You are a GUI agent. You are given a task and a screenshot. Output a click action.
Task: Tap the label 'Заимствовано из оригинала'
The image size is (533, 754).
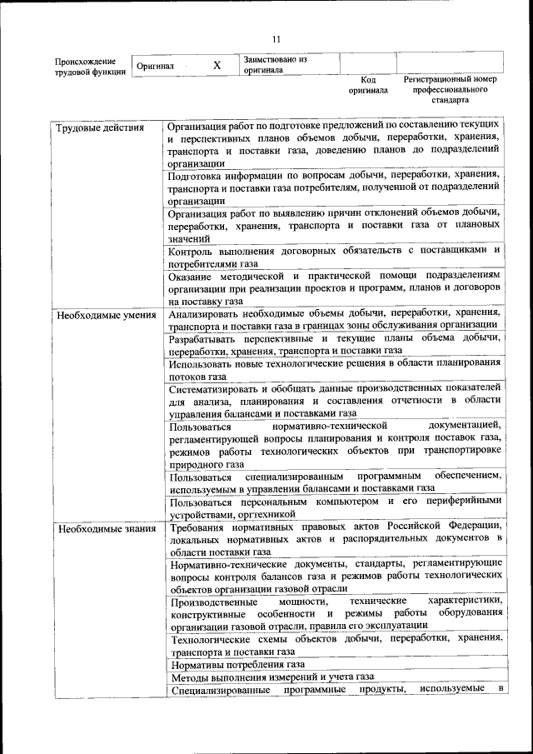tap(275, 65)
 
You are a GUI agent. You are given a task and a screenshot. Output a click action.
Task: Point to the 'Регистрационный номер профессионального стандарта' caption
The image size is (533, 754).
tap(450, 90)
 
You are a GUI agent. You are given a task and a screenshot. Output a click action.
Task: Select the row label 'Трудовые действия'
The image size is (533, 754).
tap(99, 127)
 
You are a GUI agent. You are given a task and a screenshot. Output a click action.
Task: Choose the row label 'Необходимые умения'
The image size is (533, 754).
tap(105, 315)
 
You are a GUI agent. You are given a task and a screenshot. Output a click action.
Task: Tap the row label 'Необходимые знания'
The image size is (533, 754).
tap(104, 528)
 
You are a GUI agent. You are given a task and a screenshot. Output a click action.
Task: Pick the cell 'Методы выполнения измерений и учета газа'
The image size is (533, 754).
tap(271, 677)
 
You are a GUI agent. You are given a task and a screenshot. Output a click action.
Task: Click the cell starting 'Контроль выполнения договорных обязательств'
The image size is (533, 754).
tap(333, 257)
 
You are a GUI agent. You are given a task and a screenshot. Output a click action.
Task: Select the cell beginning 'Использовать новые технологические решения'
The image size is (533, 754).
tap(333, 369)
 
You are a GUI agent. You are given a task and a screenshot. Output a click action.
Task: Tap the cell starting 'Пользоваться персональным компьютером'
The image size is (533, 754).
tap(333, 507)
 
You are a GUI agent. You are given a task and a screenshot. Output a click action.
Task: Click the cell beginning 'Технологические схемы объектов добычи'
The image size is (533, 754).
tap(333, 645)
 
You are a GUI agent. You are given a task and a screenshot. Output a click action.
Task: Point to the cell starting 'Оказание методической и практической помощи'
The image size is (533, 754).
tap(333, 287)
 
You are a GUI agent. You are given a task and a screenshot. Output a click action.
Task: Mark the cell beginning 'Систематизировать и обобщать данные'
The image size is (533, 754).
tap(333, 400)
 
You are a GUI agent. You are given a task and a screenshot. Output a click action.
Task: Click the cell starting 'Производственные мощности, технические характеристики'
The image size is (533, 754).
tap(333, 612)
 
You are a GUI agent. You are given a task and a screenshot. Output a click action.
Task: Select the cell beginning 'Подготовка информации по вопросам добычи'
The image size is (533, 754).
tap(333, 187)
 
